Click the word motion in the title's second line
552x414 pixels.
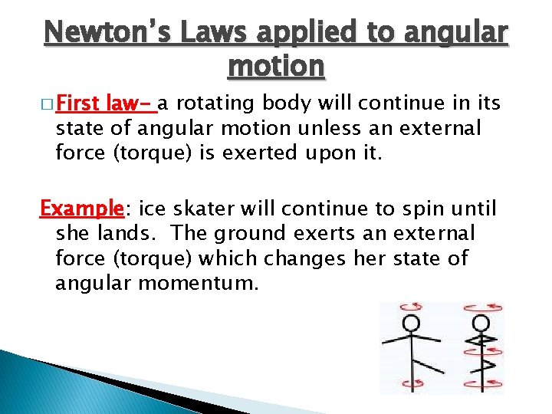tap(276, 67)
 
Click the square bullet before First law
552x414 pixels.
tap(50, 103)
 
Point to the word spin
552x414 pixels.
tap(409, 209)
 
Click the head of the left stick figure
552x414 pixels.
tap(412, 322)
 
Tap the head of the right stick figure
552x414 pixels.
tap(481, 322)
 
